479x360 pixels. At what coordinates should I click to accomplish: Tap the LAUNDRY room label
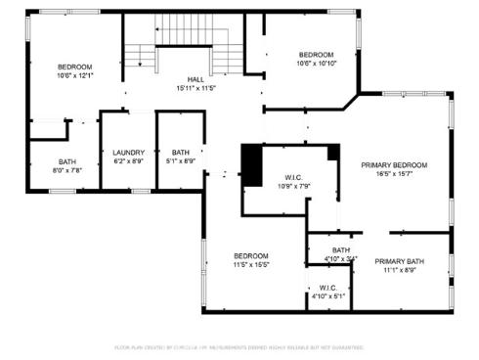click(128, 153)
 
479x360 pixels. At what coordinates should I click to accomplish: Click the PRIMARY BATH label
click(399, 261)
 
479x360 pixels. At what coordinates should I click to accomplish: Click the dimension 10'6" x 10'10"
click(316, 64)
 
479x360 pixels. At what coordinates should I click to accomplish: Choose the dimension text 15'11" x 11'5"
click(195, 88)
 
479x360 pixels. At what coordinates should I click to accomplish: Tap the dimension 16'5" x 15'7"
click(395, 174)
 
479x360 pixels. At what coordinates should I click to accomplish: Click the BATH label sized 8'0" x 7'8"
click(66, 161)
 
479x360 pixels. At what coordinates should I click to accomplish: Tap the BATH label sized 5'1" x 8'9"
click(181, 153)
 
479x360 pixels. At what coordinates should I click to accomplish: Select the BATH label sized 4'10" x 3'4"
click(340, 249)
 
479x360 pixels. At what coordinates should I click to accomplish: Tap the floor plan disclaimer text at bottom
click(239, 347)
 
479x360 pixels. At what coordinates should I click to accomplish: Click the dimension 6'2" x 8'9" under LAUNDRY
click(128, 161)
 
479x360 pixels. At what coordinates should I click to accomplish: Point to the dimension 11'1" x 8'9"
click(399, 270)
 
